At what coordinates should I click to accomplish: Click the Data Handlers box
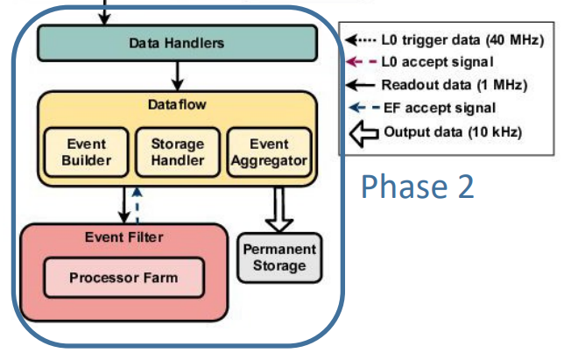click(x=177, y=43)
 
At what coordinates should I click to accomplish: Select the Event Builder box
click(x=87, y=152)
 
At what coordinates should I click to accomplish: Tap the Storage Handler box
click(x=178, y=152)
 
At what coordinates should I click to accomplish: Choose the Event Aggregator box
click(x=270, y=152)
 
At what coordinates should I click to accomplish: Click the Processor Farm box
click(x=123, y=278)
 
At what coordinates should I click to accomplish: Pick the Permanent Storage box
click(x=279, y=258)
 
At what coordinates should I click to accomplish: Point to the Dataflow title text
click(x=177, y=104)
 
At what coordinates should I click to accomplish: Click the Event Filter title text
click(x=124, y=237)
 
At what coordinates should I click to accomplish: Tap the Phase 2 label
click(x=418, y=186)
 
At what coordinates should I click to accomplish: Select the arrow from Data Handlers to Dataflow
click(x=177, y=76)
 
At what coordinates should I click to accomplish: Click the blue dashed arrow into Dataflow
click(x=137, y=205)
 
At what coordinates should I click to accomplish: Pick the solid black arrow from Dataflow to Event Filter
click(x=124, y=205)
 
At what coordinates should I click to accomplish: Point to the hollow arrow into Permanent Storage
click(x=279, y=209)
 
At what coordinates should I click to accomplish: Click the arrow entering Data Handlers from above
click(x=104, y=12)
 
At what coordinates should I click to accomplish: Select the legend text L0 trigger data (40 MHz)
click(x=462, y=39)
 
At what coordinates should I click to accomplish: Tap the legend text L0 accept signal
click(x=437, y=62)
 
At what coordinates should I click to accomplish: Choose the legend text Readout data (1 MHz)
click(x=455, y=85)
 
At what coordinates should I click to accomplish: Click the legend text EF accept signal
click(x=440, y=108)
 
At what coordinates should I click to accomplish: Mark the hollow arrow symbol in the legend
click(x=364, y=133)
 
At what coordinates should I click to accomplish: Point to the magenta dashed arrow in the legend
click(x=362, y=62)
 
